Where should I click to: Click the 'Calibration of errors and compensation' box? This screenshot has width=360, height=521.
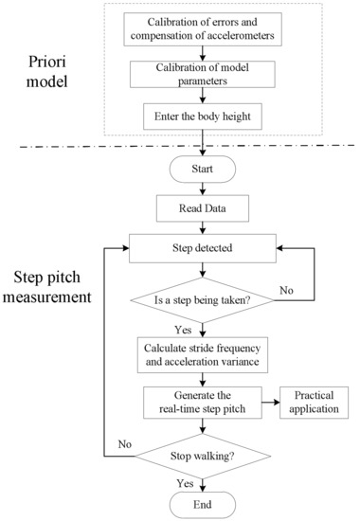205,29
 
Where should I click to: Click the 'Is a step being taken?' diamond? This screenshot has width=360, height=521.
205,302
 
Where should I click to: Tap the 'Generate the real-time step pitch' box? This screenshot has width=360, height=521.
205,400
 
